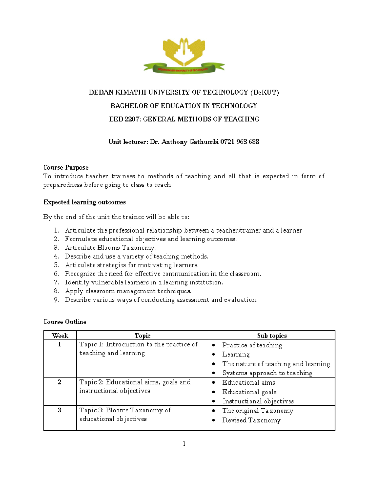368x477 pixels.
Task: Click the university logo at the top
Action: click(184, 56)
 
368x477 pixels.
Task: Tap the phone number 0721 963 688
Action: click(240, 142)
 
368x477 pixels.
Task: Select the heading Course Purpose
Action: click(66, 167)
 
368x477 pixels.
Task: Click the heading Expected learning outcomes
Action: click(85, 202)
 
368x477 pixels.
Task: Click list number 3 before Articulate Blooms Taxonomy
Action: click(56, 248)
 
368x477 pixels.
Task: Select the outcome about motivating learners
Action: click(132, 265)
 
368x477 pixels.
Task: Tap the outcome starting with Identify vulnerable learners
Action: click(144, 282)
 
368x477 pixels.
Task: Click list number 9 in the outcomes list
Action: click(56, 300)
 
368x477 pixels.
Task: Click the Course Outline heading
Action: click(65, 322)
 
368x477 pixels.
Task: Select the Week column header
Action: click(60, 335)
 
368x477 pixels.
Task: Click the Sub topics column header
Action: click(272, 335)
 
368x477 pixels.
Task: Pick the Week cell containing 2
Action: click(59, 382)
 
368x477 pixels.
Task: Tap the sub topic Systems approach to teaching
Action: click(267, 373)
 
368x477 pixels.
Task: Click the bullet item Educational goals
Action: click(249, 392)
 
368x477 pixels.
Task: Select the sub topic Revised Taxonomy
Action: click(251, 420)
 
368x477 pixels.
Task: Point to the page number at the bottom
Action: click(184, 443)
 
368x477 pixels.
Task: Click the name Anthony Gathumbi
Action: click(190, 142)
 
